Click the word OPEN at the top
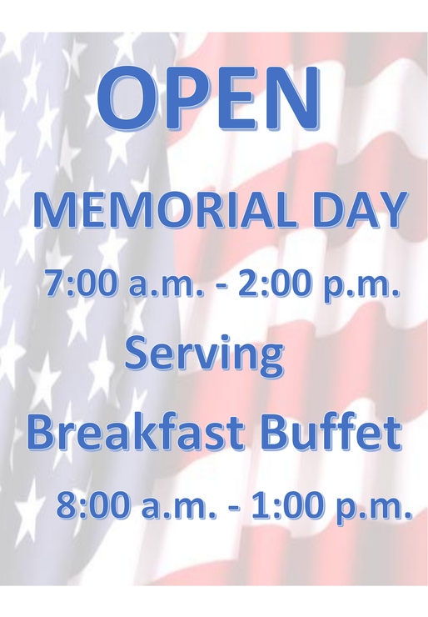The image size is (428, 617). coord(208,98)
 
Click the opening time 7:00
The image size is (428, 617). coord(82,283)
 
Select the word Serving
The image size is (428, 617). coord(204,354)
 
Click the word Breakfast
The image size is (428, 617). coord(135,433)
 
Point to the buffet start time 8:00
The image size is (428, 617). coord(93,504)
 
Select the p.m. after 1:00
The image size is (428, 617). coord(372,509)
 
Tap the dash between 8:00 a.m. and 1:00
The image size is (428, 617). coord(233,507)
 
